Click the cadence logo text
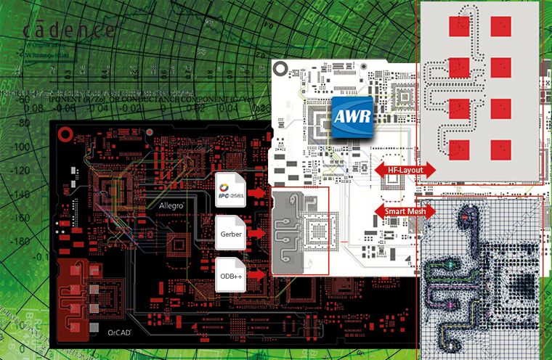click(x=69, y=30)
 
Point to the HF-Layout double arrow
click(x=405, y=169)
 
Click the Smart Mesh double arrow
click(x=405, y=211)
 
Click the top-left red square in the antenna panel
click(x=459, y=26)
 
